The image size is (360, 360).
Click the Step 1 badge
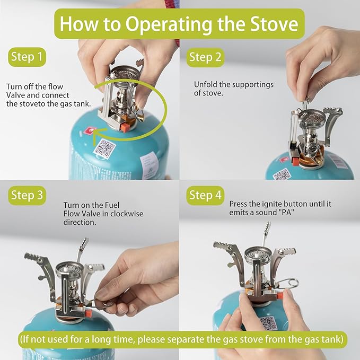[x=27, y=57]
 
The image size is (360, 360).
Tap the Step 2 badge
[x=205, y=57]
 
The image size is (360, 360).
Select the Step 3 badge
[x=27, y=196]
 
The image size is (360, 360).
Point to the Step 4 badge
[x=205, y=196]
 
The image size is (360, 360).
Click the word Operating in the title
[x=169, y=24]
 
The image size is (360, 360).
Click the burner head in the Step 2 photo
[x=313, y=117]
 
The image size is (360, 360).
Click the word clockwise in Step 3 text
[x=127, y=214]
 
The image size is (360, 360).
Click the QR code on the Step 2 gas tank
[x=282, y=174]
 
